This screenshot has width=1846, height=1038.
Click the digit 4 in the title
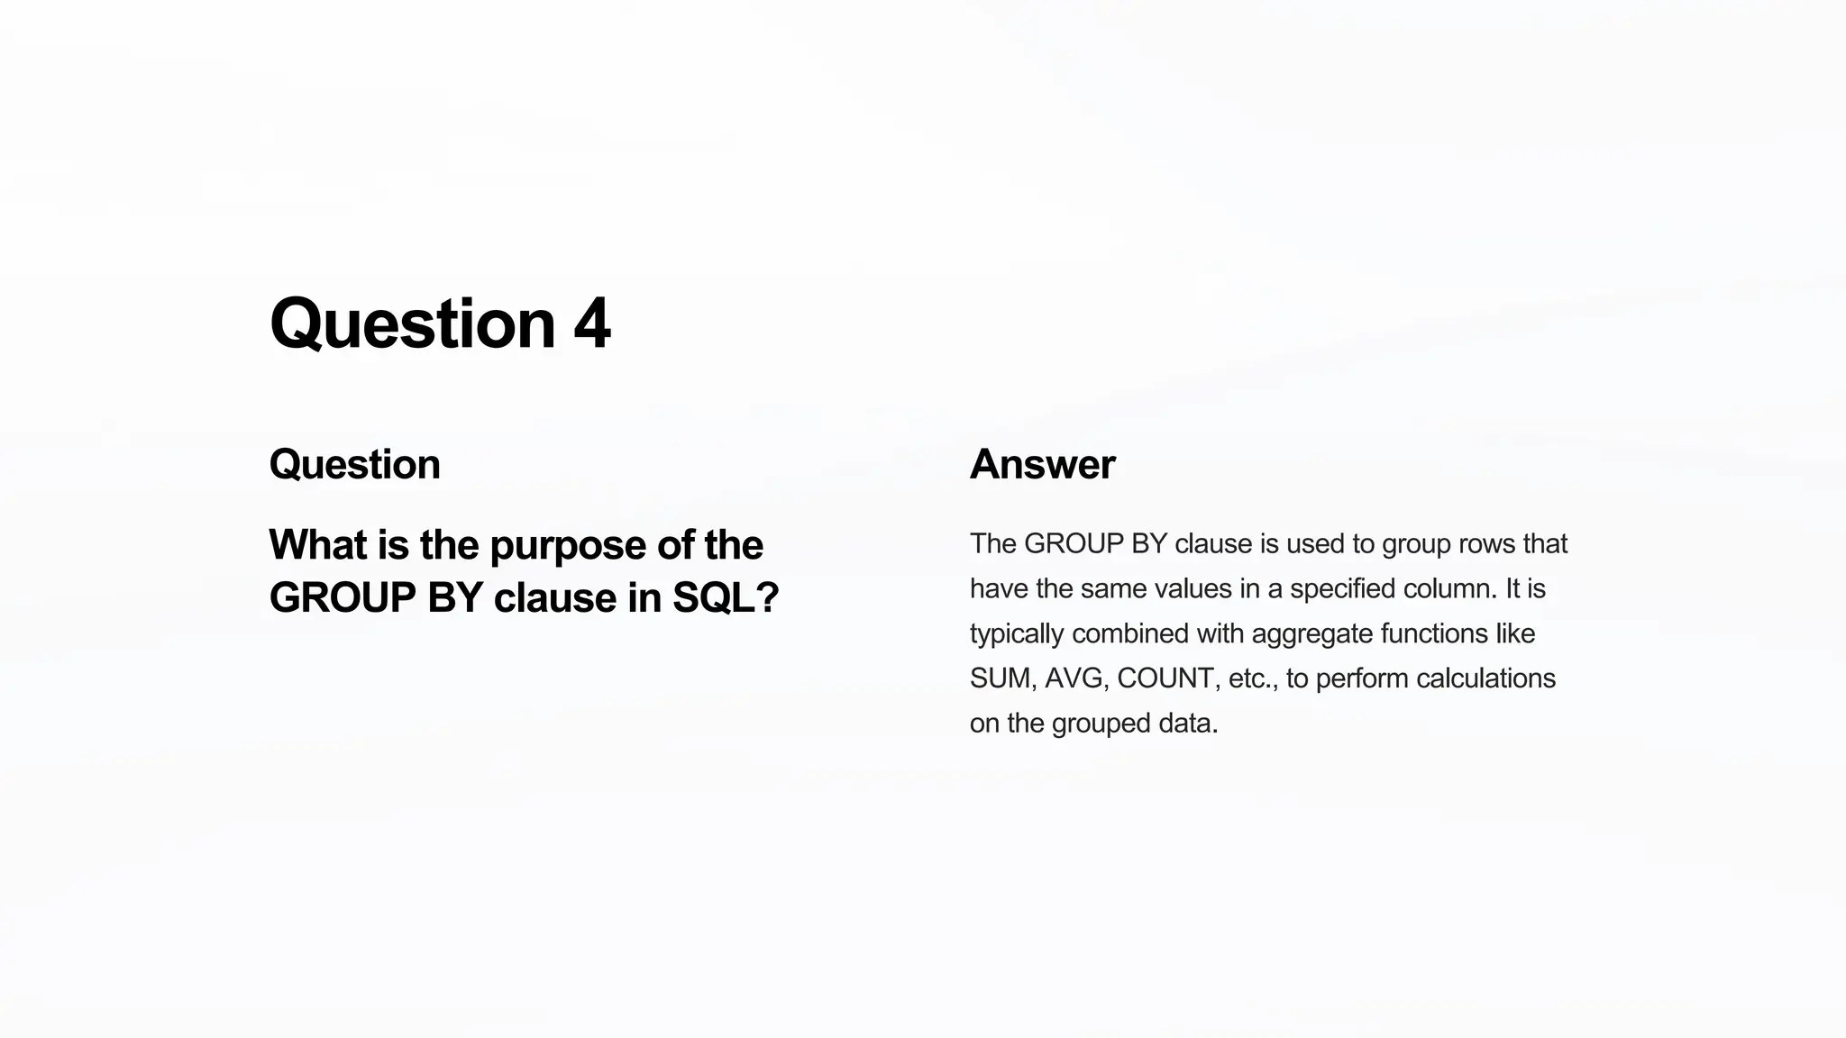[x=592, y=323]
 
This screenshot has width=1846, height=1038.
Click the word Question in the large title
[x=412, y=323]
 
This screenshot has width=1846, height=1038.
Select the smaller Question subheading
[x=354, y=465]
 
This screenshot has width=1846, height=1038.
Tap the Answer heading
[x=1042, y=465]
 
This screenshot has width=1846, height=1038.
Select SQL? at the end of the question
[x=726, y=597]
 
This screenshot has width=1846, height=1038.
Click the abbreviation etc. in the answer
[x=1253, y=678]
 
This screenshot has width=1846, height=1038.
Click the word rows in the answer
[x=1482, y=544]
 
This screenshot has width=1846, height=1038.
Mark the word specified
[x=1344, y=589]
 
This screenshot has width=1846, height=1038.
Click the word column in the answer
[x=1453, y=589]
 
